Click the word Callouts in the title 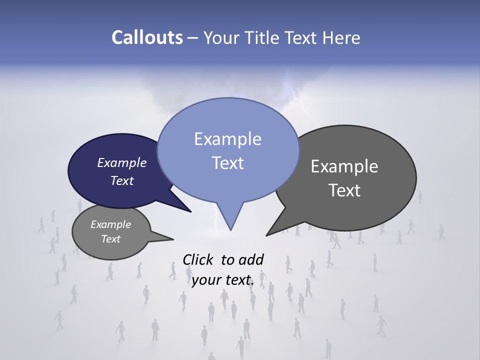(147, 37)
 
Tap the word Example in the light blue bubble (227, 139)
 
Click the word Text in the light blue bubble (227, 163)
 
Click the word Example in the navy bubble (122, 162)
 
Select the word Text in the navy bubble (122, 180)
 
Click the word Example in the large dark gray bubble (344, 166)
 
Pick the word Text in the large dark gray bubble (344, 190)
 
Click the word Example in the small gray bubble (110, 224)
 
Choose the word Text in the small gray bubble (110, 239)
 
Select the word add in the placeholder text (251, 259)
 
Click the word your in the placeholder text (205, 280)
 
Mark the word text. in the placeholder (238, 280)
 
